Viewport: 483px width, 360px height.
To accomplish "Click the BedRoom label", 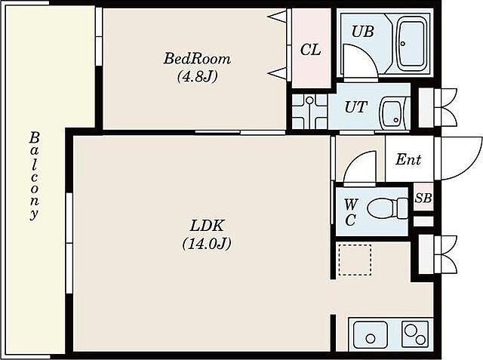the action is tap(197, 59).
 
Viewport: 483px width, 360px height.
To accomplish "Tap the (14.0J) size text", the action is tap(207, 244).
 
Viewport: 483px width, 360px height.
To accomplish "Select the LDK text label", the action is tap(206, 226).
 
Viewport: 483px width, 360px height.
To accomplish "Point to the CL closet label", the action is tap(310, 49).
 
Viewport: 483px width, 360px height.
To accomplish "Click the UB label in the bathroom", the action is tap(363, 32).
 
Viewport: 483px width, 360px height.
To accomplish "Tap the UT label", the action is tap(356, 107).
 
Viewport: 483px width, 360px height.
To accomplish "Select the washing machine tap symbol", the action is tap(309, 102).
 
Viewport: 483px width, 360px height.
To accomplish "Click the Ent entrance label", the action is tap(408, 159).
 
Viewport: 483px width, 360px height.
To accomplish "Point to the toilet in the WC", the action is tap(388, 208).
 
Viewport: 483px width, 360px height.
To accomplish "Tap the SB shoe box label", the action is tap(423, 198).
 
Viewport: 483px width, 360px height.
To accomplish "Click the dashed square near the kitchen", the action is tap(355, 260).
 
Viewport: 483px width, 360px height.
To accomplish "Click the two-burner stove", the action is tap(415, 334).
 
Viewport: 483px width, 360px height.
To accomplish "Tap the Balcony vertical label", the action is tap(34, 176).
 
